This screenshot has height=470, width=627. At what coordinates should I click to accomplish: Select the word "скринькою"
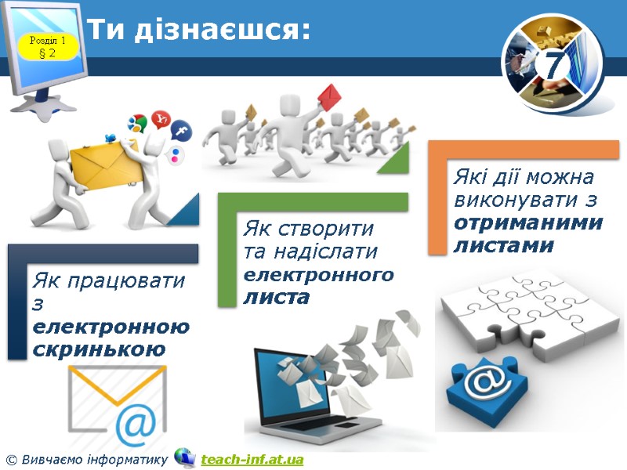click(x=99, y=349)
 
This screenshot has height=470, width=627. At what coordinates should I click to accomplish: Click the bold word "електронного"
click(x=319, y=276)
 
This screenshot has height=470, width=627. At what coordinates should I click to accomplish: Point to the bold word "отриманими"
click(x=528, y=222)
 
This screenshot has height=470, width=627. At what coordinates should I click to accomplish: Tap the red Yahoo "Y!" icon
click(x=161, y=119)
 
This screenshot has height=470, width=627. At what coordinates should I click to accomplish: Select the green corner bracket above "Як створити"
click(x=313, y=201)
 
